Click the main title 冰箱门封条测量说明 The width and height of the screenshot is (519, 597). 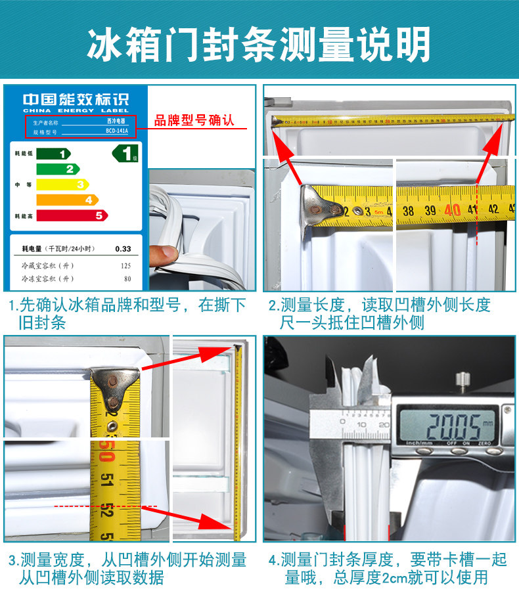tap(259, 44)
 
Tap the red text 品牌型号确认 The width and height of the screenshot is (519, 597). tap(194, 121)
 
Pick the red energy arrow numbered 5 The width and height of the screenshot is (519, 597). tap(72, 215)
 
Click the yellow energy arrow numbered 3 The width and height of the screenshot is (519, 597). tap(62, 185)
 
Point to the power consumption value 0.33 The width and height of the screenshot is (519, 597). tap(123, 249)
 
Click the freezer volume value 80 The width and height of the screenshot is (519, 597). tap(126, 278)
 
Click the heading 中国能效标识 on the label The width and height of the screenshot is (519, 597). tap(76, 100)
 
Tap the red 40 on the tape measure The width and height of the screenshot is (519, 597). tap(451, 211)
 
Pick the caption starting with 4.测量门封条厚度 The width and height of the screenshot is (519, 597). tap(387, 568)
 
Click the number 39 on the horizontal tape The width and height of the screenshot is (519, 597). tap(431, 211)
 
